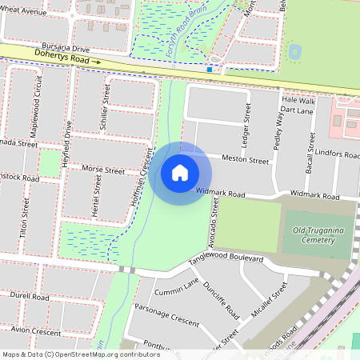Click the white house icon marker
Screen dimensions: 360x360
(x=180, y=173)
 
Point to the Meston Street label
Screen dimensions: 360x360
(x=246, y=160)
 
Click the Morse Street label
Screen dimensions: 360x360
(x=104, y=170)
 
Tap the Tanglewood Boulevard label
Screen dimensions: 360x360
(x=226, y=261)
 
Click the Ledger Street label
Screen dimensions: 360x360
(x=247, y=120)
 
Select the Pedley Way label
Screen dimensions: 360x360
(x=280, y=123)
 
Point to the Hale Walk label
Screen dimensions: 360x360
(x=299, y=101)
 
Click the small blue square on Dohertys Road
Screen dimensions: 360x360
(x=210, y=70)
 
